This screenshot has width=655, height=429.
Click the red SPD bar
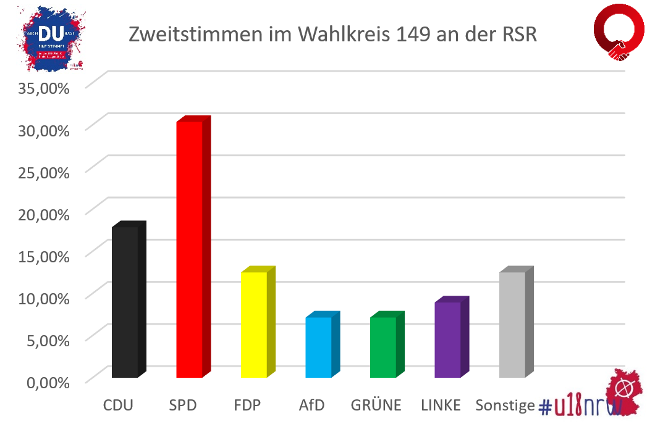pyautogui.click(x=190, y=249)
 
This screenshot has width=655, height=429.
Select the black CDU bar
pyautogui.click(x=125, y=302)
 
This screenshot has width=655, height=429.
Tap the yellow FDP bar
pyautogui.click(x=254, y=325)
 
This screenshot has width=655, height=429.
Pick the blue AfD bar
pyautogui.click(x=319, y=347)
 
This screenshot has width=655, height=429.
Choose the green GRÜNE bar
pyautogui.click(x=383, y=347)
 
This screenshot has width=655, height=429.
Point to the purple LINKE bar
pyautogui.click(x=447, y=339)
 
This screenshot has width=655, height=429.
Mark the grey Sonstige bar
pyautogui.click(x=512, y=325)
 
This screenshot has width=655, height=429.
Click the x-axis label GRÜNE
pyautogui.click(x=376, y=406)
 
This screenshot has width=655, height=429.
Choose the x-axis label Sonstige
pyautogui.click(x=505, y=406)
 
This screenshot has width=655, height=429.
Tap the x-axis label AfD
pyautogui.click(x=311, y=406)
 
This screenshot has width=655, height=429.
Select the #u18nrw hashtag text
pyautogui.click(x=580, y=406)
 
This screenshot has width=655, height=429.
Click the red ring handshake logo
pyautogui.click(x=619, y=34)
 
